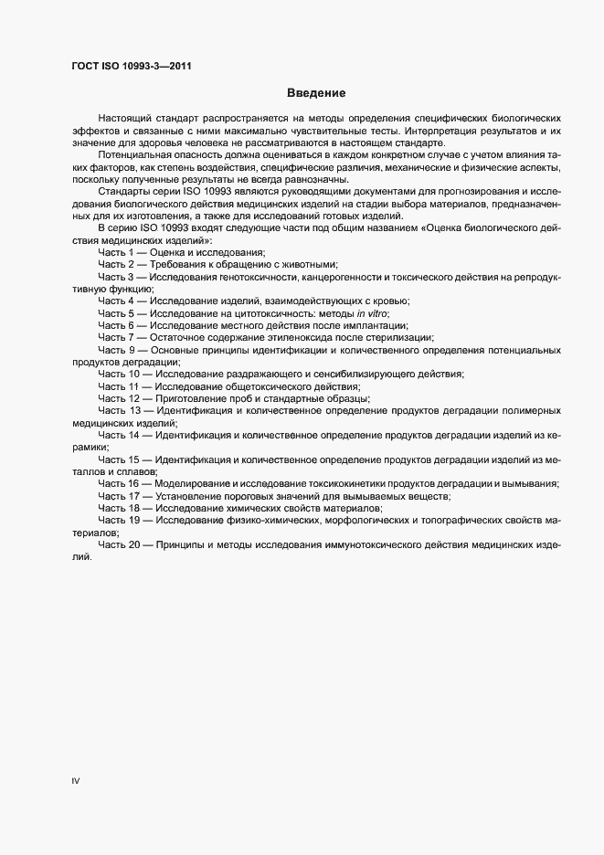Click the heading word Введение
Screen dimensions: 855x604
click(315, 93)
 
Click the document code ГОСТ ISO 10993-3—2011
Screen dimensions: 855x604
click(132, 65)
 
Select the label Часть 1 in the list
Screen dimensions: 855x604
click(116, 251)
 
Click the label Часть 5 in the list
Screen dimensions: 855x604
click(116, 313)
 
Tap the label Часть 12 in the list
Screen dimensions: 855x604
click(119, 399)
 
